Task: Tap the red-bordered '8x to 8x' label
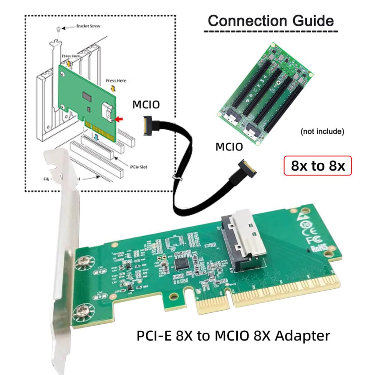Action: [x=318, y=165]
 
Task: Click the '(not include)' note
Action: [x=322, y=132]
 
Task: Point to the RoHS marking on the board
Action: [x=317, y=247]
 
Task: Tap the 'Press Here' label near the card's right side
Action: [x=116, y=81]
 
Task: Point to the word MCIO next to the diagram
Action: [x=146, y=105]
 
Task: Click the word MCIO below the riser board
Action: [x=229, y=147]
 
